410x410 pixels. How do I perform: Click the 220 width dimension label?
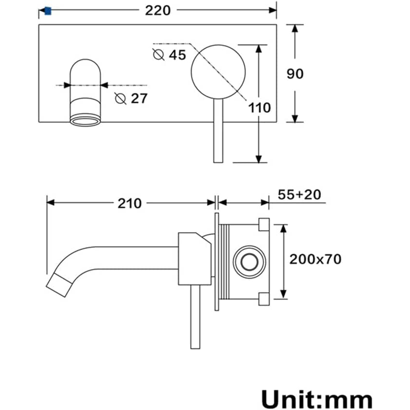[158, 10]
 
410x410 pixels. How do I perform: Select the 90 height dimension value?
[295, 74]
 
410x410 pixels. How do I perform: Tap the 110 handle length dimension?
[260, 107]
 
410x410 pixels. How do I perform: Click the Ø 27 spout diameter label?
[131, 98]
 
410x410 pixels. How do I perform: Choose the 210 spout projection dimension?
[130, 204]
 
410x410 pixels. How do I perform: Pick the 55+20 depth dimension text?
[299, 194]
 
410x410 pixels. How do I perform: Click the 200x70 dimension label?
[315, 259]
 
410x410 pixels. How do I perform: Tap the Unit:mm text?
[317, 399]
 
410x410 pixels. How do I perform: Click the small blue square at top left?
[47, 10]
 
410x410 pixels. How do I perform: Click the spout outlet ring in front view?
[86, 119]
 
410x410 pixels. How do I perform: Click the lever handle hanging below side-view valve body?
[195, 317]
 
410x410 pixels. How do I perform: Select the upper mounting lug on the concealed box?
[264, 224]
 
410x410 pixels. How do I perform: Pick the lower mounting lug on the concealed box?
[264, 299]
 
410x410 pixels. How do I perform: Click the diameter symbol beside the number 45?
[159, 54]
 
